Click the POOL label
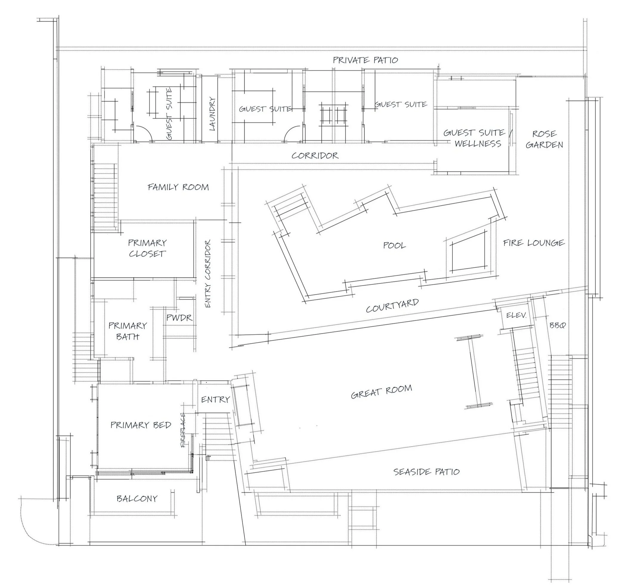point(394,245)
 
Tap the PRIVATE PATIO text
point(365,60)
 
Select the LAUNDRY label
point(213,114)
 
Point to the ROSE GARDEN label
point(544,140)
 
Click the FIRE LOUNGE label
point(534,243)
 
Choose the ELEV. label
point(516,315)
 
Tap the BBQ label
point(558,325)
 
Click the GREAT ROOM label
point(382,391)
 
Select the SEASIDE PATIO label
point(426,472)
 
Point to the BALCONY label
point(137,499)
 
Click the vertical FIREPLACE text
point(183,430)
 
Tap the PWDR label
point(179,318)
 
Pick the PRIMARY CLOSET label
point(147,248)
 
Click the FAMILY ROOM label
point(178,187)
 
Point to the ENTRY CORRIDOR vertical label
point(208,274)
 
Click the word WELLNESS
point(478,143)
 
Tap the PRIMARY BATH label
point(128,331)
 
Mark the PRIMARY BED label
point(141,425)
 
